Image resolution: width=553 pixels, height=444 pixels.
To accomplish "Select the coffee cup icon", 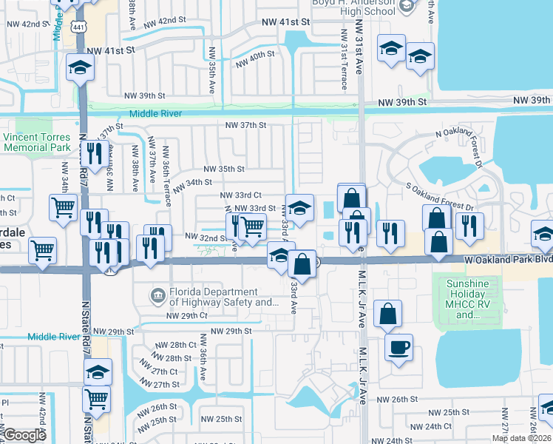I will [x=398, y=348].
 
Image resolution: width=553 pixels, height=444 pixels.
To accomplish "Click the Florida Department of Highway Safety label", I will [x=224, y=297].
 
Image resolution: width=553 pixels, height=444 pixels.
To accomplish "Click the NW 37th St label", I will [x=246, y=125].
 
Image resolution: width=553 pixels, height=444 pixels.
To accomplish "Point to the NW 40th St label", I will [x=255, y=61].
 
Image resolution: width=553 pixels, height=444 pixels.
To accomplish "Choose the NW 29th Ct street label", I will [x=186, y=316].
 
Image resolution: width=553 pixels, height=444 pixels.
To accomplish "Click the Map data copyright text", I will [x=521, y=438].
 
